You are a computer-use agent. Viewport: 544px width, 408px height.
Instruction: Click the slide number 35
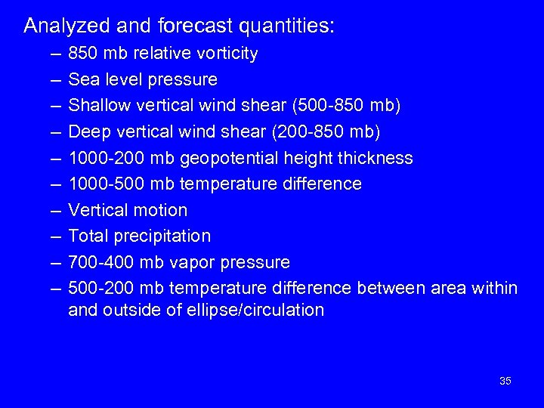pos(505,381)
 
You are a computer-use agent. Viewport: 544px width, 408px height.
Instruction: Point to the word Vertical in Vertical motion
pos(96,210)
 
